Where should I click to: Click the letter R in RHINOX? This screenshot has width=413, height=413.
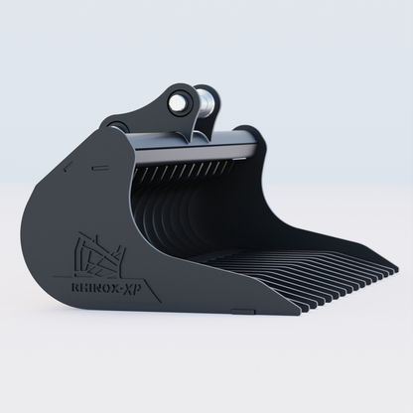76,280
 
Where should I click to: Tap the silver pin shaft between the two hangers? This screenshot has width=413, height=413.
208,102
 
